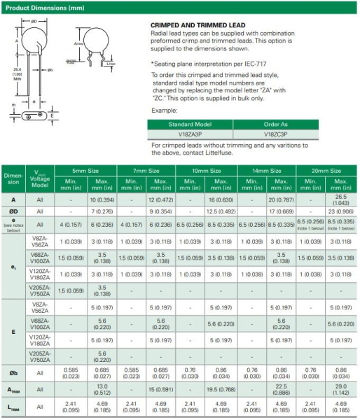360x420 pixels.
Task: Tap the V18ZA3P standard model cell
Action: [189, 133]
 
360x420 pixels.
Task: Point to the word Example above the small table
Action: [162, 110]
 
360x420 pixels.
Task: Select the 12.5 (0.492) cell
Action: [221, 211]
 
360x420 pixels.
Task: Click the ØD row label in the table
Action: [14, 211]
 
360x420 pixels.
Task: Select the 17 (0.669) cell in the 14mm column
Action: [281, 211]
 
